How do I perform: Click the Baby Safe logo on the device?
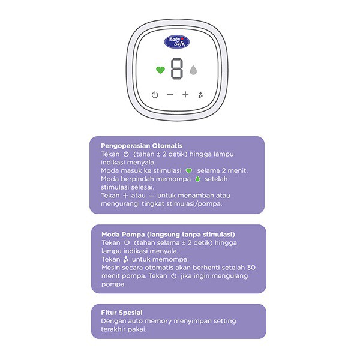176,42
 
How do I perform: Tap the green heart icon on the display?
160,70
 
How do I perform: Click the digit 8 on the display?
177,69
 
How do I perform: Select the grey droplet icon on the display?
193,70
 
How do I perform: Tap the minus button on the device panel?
170,94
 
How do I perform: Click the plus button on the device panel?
185,94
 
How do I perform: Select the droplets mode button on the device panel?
200,95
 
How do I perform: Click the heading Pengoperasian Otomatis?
142,146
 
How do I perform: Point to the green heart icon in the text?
189,171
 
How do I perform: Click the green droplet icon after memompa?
197,179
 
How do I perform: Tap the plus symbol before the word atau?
125,196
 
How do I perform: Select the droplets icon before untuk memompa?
125,259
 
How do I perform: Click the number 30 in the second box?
251,268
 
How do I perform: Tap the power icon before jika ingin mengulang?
173,276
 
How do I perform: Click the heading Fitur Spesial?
122,313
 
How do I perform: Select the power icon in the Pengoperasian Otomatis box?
126,154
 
